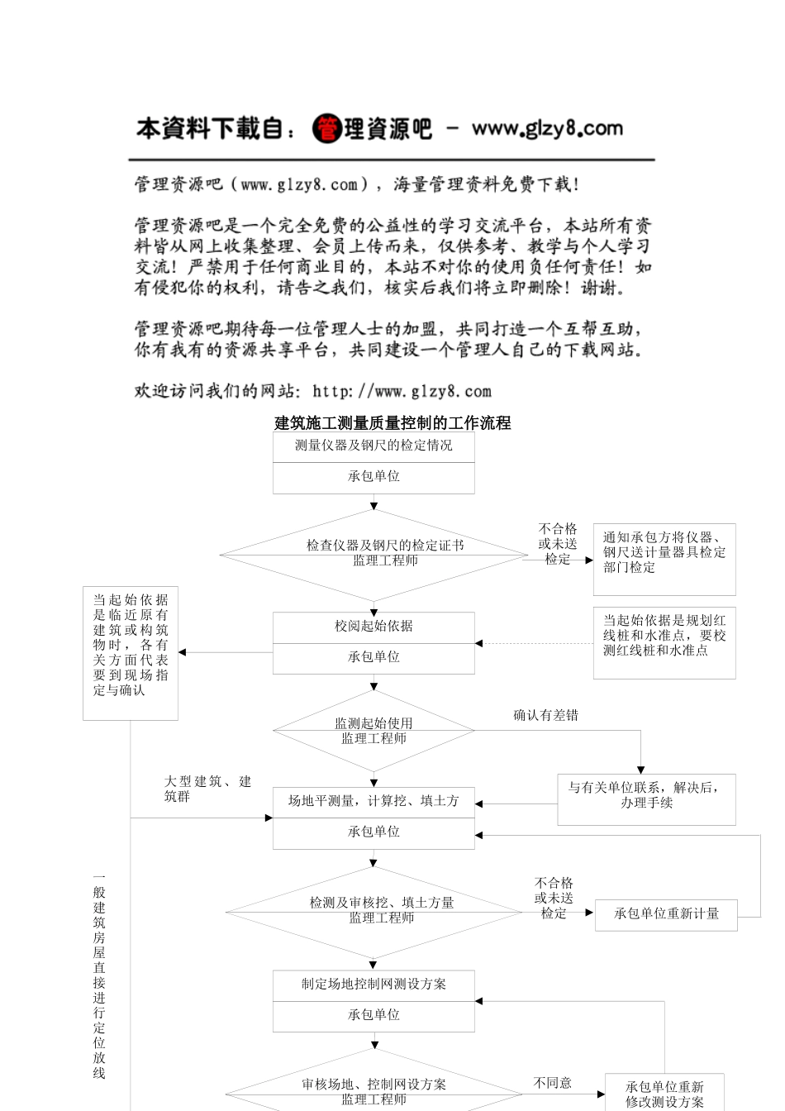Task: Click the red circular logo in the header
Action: (327, 129)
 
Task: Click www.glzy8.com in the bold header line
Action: (546, 129)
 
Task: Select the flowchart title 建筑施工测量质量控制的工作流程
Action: (392, 423)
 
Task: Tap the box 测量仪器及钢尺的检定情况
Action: (373, 446)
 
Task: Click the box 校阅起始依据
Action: (373, 627)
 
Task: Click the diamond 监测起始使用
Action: (373, 731)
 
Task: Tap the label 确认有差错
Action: (545, 715)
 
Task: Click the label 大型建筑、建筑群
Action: (207, 789)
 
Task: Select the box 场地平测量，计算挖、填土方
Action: (373, 802)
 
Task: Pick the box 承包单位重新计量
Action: (666, 914)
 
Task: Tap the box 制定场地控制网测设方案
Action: (373, 985)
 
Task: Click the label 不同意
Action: (552, 1083)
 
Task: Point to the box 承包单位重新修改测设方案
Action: (664, 1094)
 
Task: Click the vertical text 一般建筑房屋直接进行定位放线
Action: (99, 975)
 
